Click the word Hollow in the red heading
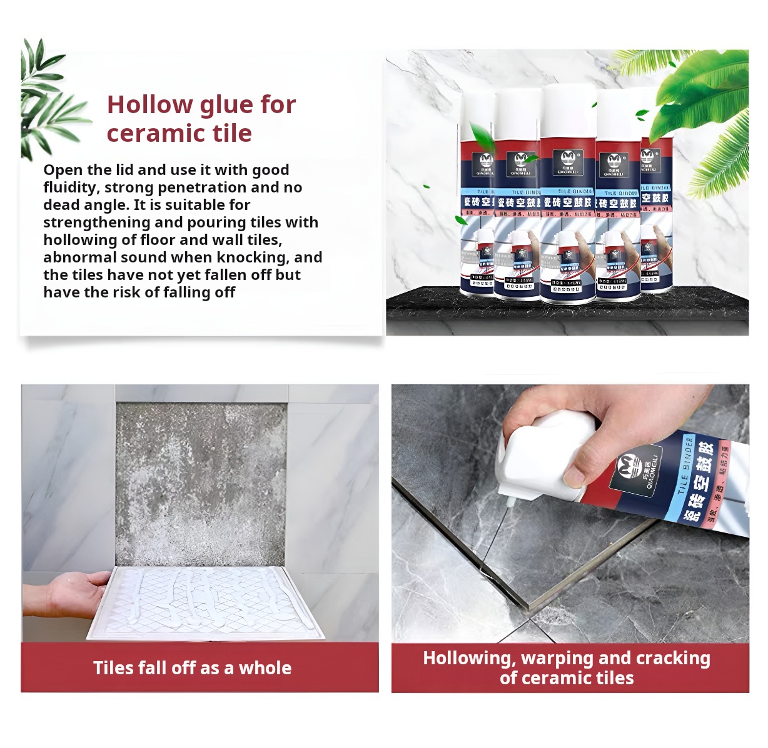tap(149, 105)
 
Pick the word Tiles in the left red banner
tap(113, 668)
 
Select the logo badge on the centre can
tap(568, 160)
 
